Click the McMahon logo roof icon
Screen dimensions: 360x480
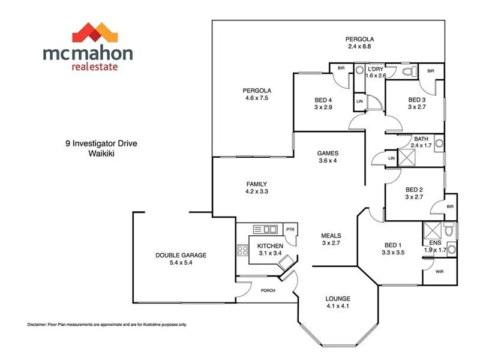(88, 32)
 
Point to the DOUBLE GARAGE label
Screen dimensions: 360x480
(181, 255)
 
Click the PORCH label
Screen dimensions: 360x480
(268, 291)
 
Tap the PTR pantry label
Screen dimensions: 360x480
(290, 230)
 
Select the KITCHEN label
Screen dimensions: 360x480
(271, 247)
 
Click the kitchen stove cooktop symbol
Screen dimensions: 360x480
(243, 251)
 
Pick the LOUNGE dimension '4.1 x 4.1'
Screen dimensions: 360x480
(338, 307)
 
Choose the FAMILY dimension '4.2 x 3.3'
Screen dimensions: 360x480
(256, 192)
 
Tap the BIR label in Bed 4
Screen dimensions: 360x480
(341, 68)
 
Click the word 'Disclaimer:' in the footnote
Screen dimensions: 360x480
(40, 325)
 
